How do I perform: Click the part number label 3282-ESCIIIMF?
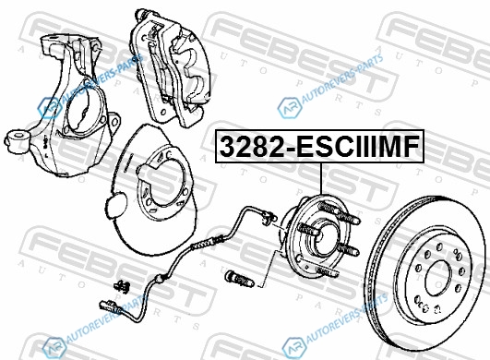319,146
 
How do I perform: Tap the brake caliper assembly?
172,67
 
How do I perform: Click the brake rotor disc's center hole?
438,278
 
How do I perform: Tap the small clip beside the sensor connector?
123,286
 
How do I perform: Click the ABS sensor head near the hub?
269,218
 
